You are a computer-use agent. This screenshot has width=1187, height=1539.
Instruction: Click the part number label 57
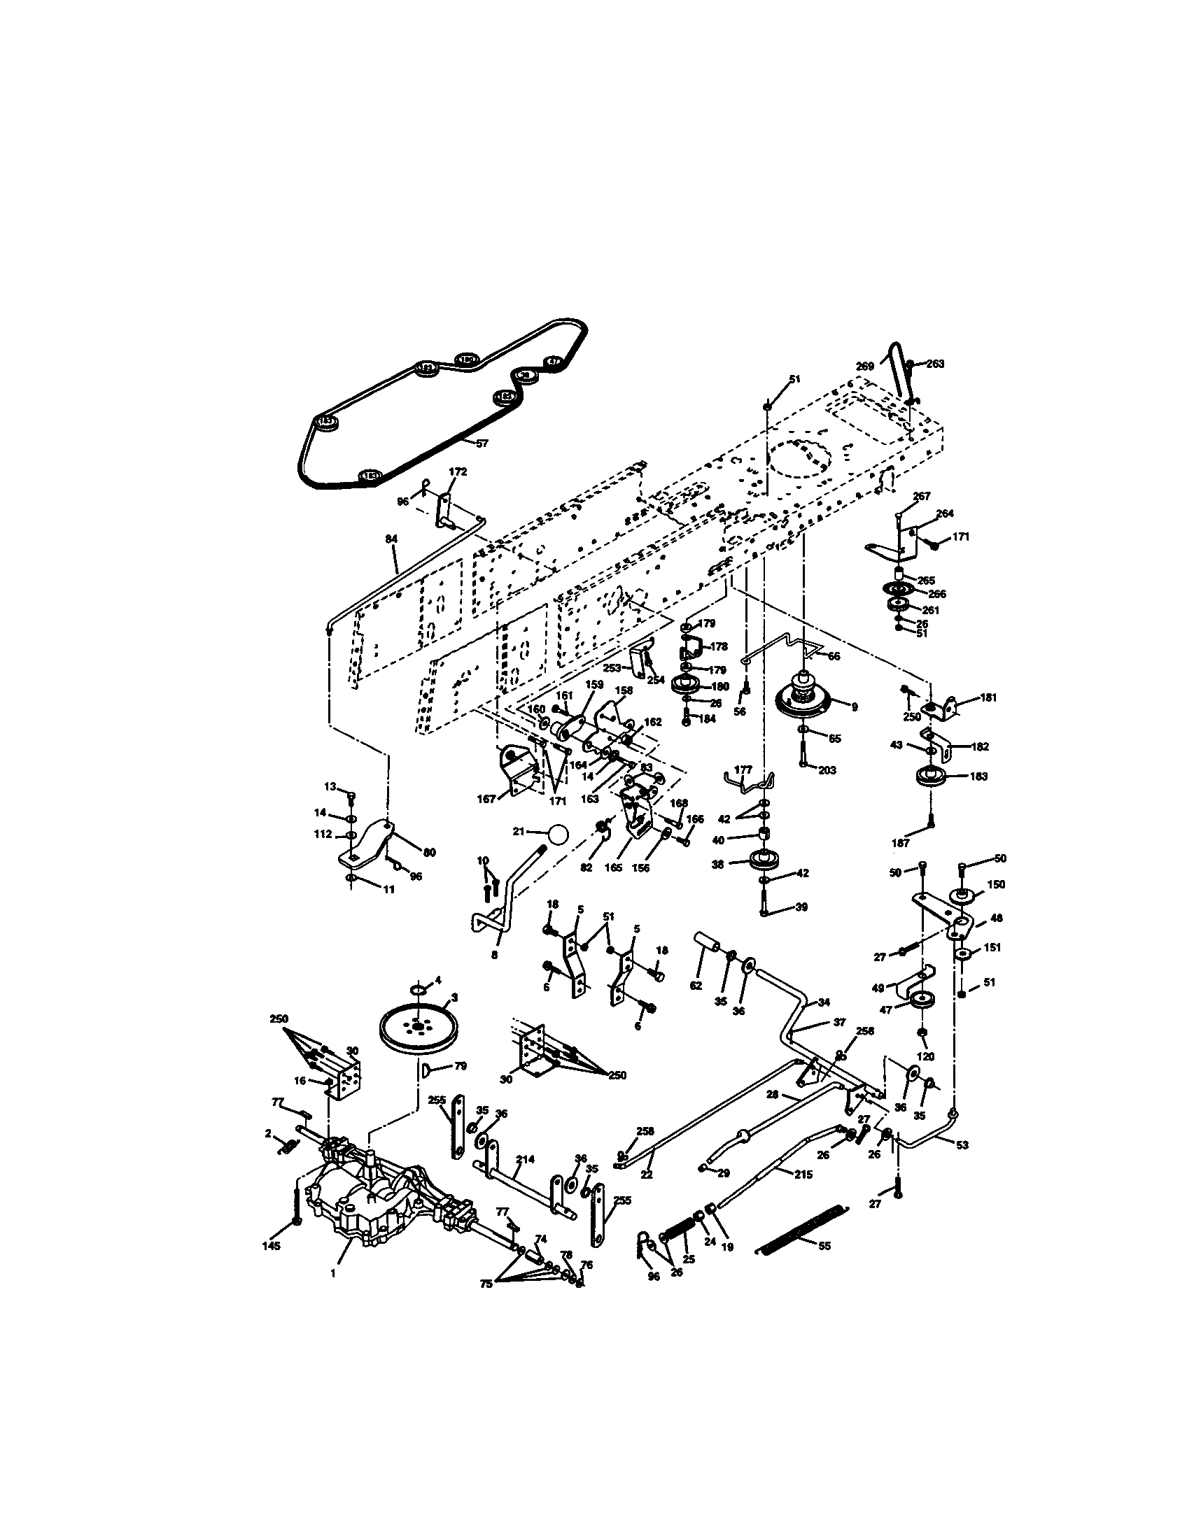pos(482,444)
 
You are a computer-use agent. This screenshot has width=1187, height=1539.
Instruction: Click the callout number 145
pos(271,1246)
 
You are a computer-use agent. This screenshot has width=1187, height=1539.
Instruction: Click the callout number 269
pos(865,367)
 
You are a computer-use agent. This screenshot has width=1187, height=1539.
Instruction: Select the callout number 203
pos(827,770)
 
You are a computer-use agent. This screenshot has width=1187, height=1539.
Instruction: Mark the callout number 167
pos(486,799)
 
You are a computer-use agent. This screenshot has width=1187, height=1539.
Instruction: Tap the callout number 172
pos(458,471)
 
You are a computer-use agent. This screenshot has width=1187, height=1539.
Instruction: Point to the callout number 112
pos(323,835)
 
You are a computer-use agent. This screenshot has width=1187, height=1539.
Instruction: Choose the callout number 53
pos(962,1145)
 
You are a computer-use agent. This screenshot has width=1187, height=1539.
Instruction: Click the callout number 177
pos(743,769)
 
